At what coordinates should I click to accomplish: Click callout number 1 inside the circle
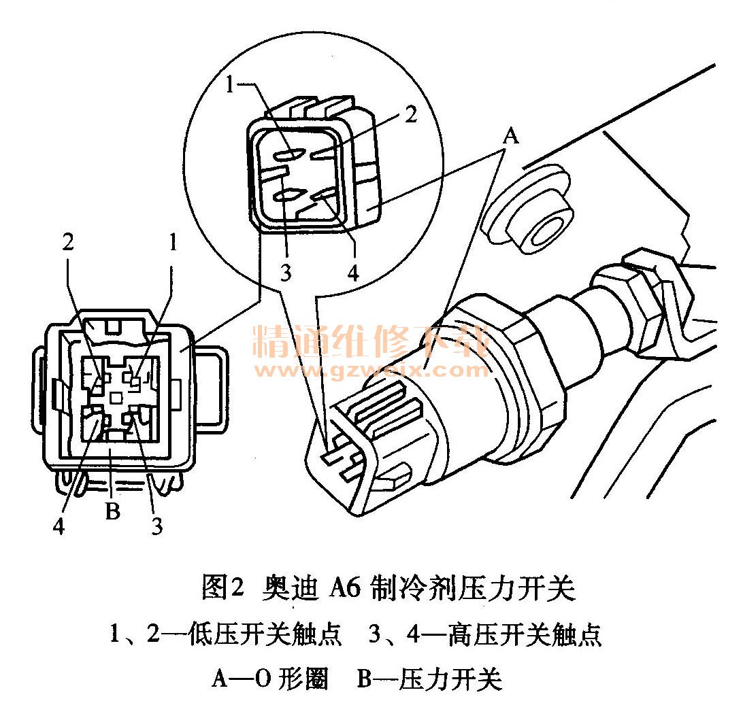click(x=230, y=85)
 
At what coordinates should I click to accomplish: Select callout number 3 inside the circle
click(x=286, y=273)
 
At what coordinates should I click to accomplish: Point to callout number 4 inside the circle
click(x=354, y=273)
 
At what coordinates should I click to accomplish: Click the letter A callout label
click(x=511, y=137)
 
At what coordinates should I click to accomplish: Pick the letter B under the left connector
click(x=112, y=511)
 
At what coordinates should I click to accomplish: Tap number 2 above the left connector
click(x=68, y=242)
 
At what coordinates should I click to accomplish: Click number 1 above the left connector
click(x=173, y=242)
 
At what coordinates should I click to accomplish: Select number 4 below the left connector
click(x=59, y=526)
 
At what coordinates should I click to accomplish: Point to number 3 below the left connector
click(x=157, y=526)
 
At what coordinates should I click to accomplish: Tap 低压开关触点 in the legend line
click(x=265, y=634)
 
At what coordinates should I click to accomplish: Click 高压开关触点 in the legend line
click(x=525, y=634)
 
